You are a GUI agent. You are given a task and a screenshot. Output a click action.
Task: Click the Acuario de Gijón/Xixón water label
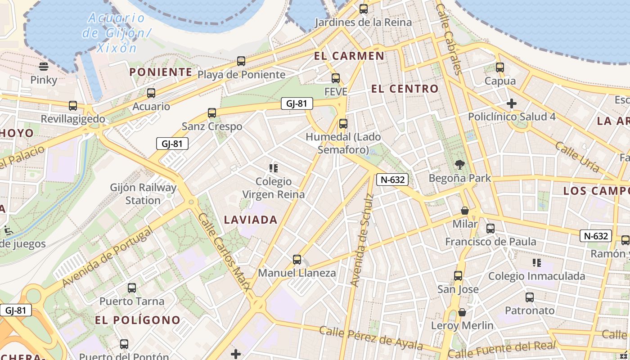point(116,33)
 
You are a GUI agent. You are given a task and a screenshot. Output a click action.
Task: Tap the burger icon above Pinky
point(44,67)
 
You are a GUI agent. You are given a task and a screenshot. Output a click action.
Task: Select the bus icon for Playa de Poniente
point(241,61)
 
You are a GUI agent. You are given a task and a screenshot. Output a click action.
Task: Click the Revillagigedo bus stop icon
point(73,106)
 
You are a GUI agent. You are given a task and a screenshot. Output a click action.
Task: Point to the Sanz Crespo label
point(212,126)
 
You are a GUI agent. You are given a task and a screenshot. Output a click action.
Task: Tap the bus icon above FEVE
point(336,78)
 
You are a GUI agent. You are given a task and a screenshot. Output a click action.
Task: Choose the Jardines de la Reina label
point(363,22)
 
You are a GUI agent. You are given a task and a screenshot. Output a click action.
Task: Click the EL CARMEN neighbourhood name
point(349,56)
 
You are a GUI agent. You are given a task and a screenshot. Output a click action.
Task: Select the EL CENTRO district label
point(405,89)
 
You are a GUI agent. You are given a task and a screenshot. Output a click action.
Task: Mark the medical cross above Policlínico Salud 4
point(511,104)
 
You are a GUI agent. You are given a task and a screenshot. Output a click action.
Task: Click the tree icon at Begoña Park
point(459,165)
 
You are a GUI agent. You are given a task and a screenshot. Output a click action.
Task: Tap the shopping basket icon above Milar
point(465,211)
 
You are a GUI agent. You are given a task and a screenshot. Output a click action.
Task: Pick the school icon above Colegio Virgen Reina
point(273,168)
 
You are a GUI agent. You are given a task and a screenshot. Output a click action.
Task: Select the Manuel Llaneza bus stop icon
point(297,260)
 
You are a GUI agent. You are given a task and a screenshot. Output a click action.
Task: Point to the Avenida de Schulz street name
point(362,240)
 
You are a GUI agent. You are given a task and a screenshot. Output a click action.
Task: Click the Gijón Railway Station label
point(143,194)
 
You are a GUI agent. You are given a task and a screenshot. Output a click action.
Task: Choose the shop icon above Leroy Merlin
point(462,312)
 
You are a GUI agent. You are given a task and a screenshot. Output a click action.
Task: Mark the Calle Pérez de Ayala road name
point(371,337)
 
